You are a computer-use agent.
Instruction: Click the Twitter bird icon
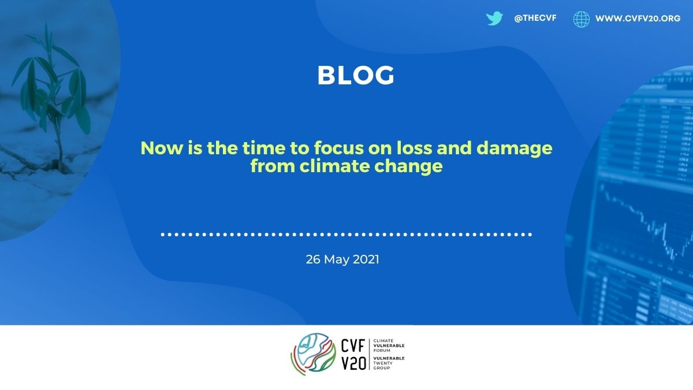click(494, 18)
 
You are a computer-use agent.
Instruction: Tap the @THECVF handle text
click(535, 18)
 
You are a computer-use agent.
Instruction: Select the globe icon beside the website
click(582, 19)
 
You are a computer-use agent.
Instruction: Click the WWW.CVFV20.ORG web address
click(638, 18)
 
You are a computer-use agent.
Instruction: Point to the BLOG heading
click(356, 75)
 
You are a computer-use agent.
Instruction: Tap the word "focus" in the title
click(339, 148)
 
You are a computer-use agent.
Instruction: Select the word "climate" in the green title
click(334, 166)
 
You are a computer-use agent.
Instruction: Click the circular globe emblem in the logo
click(314, 354)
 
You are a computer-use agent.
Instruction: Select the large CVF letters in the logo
click(353, 346)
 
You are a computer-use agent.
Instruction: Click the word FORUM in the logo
click(382, 350)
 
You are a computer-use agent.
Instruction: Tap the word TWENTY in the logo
click(383, 363)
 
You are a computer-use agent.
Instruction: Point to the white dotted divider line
click(346, 235)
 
